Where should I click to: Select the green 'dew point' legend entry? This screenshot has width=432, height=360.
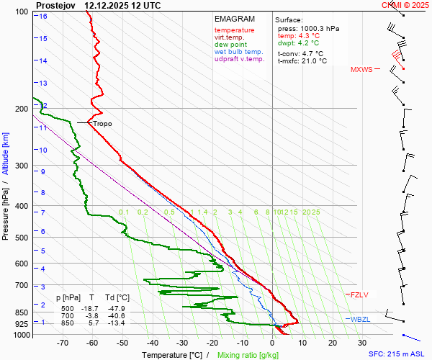click(x=231, y=45)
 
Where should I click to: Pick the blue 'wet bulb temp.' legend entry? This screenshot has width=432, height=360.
click(x=240, y=52)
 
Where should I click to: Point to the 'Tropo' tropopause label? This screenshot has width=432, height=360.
click(x=103, y=124)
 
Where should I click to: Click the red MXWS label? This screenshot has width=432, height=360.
click(x=362, y=70)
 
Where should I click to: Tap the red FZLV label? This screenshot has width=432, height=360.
click(x=359, y=295)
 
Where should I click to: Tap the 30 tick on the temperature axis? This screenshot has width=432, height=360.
click(x=362, y=343)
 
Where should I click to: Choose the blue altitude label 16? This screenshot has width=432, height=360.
click(x=43, y=17)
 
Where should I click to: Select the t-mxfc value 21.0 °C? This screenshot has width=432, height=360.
click(x=311, y=60)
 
